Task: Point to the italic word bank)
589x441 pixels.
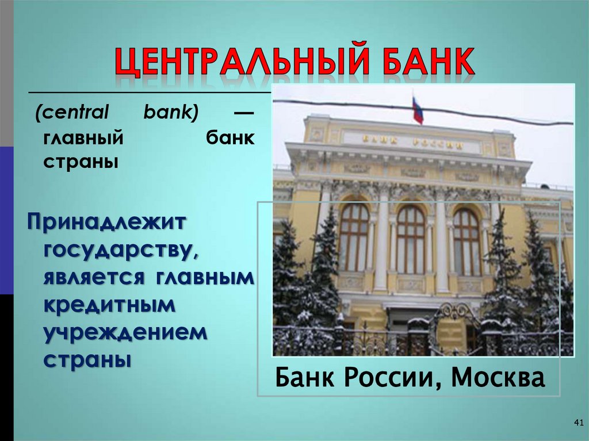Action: [171, 113]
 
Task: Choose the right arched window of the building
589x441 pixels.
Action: [466, 241]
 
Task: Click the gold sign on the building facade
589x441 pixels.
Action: [412, 142]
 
